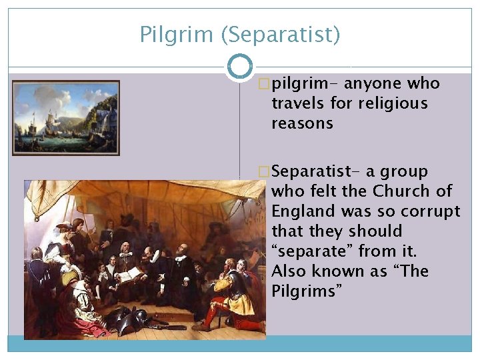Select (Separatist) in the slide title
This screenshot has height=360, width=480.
(x=280, y=34)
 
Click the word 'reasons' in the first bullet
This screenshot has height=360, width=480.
(x=302, y=124)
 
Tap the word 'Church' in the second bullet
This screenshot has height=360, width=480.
(x=403, y=191)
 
